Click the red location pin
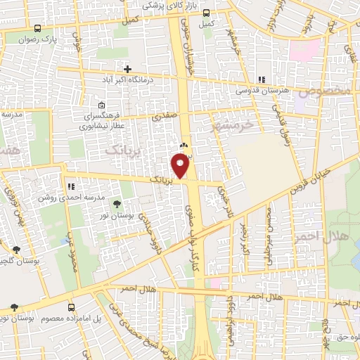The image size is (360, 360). (181, 165)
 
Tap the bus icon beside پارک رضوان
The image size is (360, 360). (37, 29)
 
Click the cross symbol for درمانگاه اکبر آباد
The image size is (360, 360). (127, 69)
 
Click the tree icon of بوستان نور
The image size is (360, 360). (116, 205)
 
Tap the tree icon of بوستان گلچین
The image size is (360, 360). (15, 249)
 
